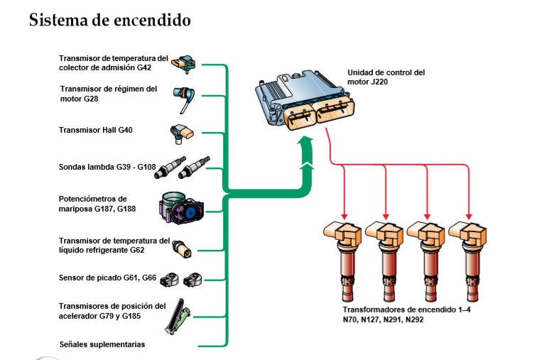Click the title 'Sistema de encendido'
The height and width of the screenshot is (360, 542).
pyautogui.click(x=109, y=20)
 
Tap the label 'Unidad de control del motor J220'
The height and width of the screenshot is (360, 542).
pyautogui.click(x=386, y=77)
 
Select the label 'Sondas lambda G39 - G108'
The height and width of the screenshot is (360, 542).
pyautogui.click(x=106, y=166)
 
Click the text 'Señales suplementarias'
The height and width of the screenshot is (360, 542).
pyautogui.click(x=102, y=344)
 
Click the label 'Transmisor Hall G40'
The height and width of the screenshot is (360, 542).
pyautogui.click(x=96, y=131)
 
